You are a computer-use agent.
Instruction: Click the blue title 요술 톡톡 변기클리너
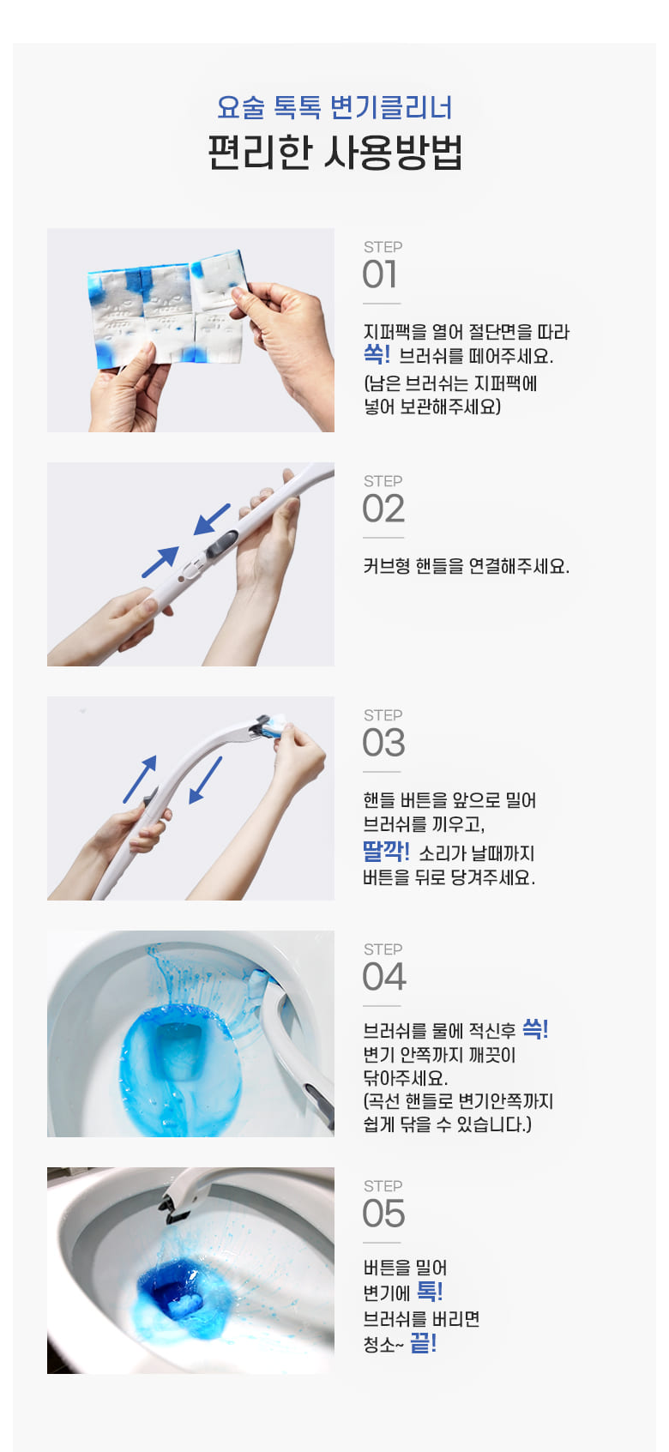(334, 107)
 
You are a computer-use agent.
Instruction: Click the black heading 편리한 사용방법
(334, 153)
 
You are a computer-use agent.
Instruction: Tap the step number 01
(380, 274)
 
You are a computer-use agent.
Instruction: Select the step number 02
(383, 509)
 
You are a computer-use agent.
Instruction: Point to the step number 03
(383, 743)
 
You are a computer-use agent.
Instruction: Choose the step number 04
(384, 977)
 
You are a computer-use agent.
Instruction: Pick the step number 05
(383, 1214)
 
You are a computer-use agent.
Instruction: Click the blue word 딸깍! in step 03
(386, 851)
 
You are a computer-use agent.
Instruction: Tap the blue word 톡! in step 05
(429, 1292)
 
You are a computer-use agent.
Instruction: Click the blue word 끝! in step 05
(424, 1342)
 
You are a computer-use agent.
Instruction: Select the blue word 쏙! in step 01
(377, 354)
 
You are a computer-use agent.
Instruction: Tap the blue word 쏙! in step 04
(535, 1028)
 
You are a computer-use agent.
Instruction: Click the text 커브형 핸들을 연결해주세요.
(466, 567)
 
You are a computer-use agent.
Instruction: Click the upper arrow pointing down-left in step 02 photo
(212, 519)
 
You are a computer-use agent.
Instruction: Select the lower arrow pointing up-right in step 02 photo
(160, 562)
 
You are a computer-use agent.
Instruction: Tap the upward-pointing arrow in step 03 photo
(141, 779)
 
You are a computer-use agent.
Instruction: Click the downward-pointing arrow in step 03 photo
(205, 780)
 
